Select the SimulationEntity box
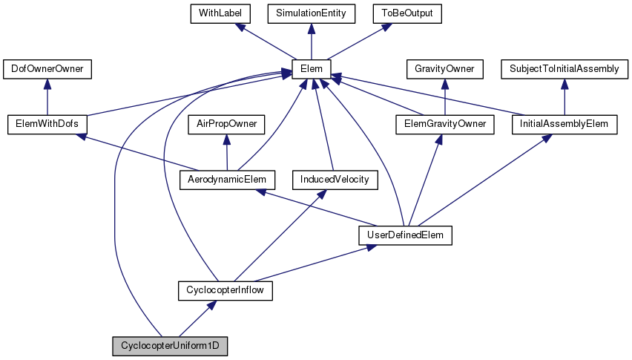(311, 13)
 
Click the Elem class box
(311, 69)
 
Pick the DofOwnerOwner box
(47, 69)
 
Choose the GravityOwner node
(444, 69)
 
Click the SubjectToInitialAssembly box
(564, 69)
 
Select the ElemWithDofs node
(47, 124)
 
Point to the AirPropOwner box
(226, 124)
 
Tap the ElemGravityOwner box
(444, 124)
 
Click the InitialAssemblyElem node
(564, 124)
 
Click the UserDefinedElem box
(405, 235)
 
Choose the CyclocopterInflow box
(226, 290)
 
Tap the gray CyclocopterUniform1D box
(170, 345)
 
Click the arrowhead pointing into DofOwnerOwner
(47, 84)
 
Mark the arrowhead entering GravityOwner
(444, 84)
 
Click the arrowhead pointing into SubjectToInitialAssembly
(564, 84)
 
